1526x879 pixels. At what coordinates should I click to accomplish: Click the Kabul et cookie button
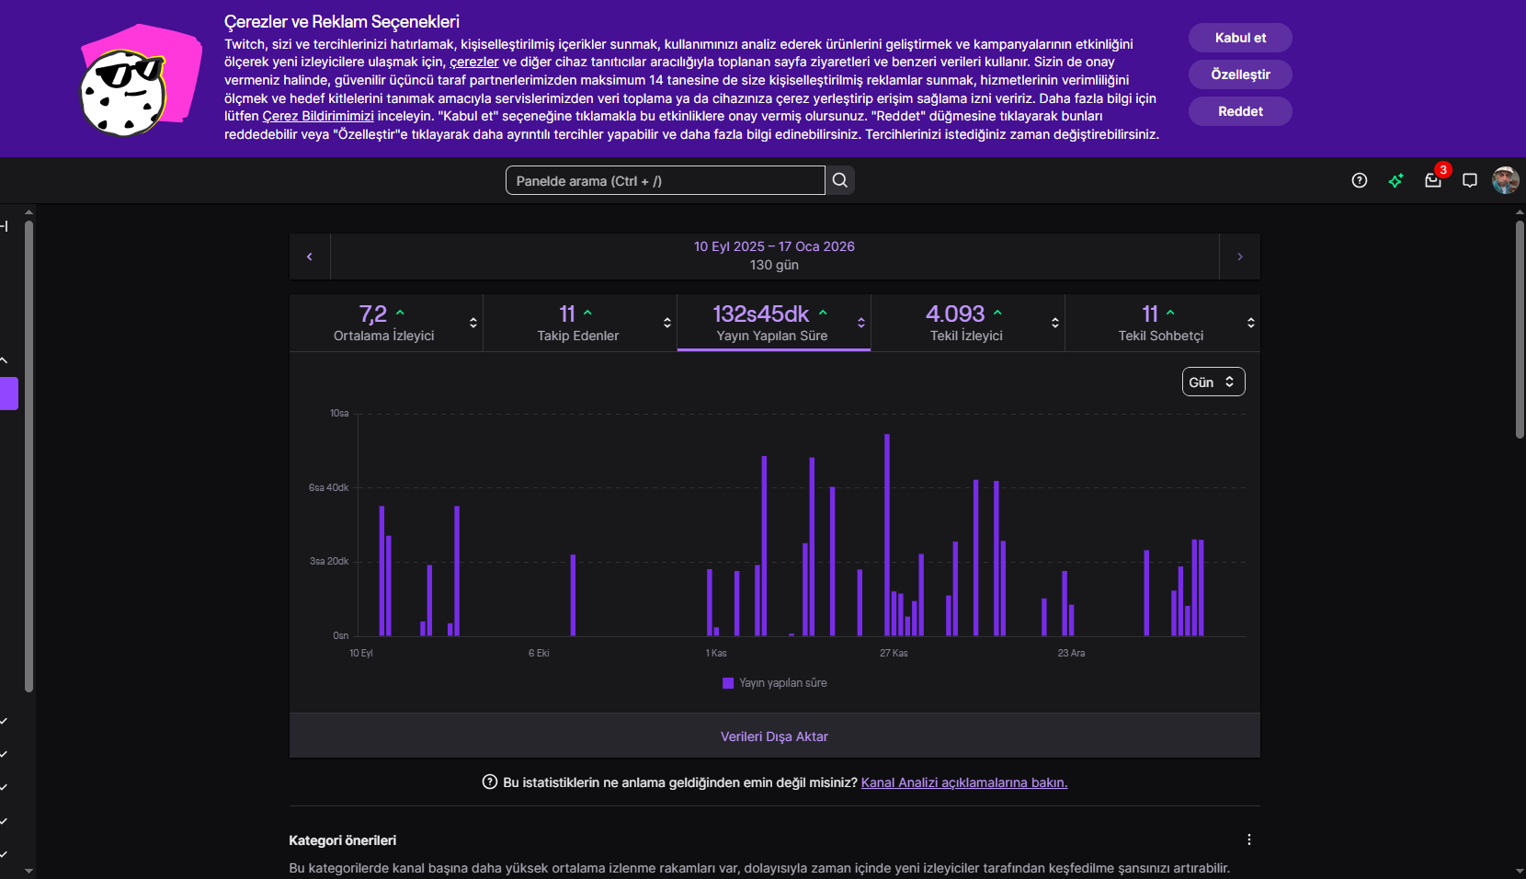click(x=1240, y=38)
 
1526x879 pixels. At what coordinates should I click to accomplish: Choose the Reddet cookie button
click(x=1240, y=111)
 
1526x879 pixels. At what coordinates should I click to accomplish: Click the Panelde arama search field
click(x=665, y=180)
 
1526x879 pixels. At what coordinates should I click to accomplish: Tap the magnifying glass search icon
click(x=840, y=180)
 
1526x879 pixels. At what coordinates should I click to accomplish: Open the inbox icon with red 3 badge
click(x=1432, y=180)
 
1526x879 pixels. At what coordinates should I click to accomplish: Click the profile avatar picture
click(x=1505, y=180)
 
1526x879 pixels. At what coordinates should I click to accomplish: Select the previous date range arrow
click(x=309, y=257)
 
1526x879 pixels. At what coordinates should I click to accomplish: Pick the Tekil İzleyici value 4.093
click(x=954, y=314)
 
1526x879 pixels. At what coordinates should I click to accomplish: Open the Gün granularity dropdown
click(x=1213, y=382)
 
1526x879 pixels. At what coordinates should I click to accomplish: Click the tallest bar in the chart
click(x=887, y=535)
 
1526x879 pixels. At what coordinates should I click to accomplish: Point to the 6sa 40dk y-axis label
click(x=328, y=487)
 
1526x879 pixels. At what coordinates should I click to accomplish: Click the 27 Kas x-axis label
click(x=894, y=653)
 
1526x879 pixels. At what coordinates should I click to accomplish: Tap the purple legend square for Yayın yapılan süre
click(x=728, y=683)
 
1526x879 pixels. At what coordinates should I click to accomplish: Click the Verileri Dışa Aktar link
click(x=775, y=736)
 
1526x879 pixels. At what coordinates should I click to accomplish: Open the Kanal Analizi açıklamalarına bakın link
click(x=964, y=782)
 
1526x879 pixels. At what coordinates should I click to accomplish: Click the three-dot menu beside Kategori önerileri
click(x=1248, y=839)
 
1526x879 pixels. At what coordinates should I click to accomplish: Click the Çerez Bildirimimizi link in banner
click(x=318, y=116)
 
